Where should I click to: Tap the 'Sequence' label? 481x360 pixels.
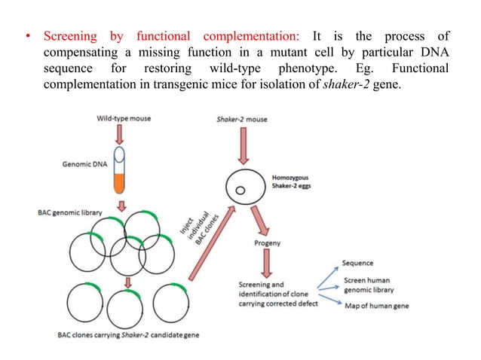(x=360, y=263)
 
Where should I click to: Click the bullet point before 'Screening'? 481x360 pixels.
(x=29, y=37)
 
